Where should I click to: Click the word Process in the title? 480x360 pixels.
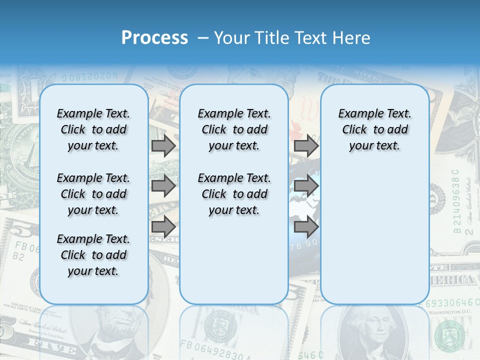click(x=154, y=38)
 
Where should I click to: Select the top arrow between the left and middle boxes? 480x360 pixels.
click(x=163, y=146)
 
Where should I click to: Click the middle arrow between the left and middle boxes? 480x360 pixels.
click(x=163, y=186)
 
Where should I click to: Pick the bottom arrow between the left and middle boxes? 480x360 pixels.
click(x=163, y=226)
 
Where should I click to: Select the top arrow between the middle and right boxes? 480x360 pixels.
click(x=306, y=146)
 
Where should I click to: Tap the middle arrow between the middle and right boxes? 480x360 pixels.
click(x=306, y=186)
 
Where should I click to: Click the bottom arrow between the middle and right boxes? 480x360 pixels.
click(x=306, y=227)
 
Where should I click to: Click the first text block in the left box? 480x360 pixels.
click(x=93, y=129)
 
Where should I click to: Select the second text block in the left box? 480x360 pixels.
click(x=93, y=194)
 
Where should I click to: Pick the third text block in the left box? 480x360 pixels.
click(x=93, y=255)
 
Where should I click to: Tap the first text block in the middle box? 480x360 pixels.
click(x=234, y=129)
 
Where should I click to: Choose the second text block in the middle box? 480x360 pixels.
click(x=234, y=194)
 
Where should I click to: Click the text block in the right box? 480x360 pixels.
click(x=374, y=129)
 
